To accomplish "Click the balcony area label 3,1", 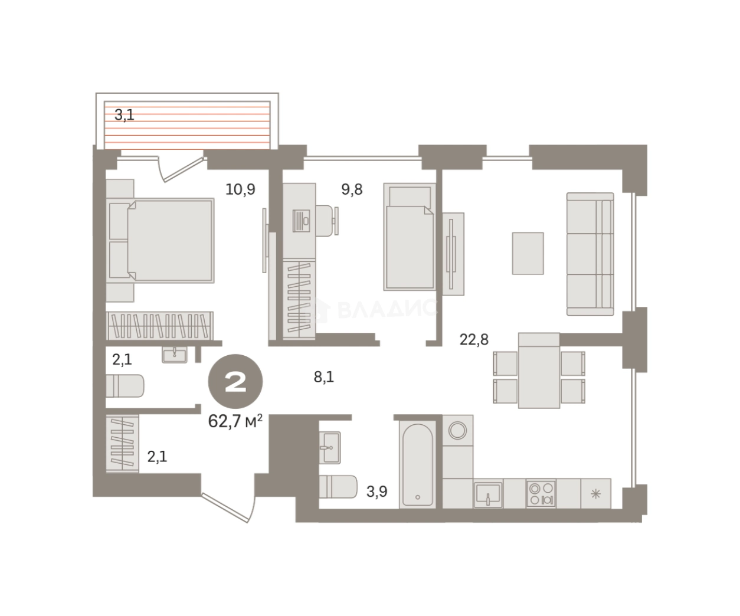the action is click(125, 116).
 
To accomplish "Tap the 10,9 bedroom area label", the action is click(240, 189).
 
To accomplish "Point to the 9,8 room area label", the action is click(352, 189).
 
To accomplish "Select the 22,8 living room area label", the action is click(474, 339).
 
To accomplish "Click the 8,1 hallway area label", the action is click(324, 377).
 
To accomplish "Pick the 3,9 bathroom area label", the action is click(376, 492).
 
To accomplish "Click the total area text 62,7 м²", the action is click(235, 421).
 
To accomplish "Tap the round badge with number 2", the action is click(235, 381).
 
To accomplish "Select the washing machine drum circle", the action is click(457, 431).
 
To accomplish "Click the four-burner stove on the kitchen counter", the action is click(541, 493).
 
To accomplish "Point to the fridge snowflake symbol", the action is click(596, 494).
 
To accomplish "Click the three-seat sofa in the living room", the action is click(590, 254).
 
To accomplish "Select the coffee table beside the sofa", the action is click(528, 253).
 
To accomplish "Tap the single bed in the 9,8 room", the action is click(410, 237).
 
